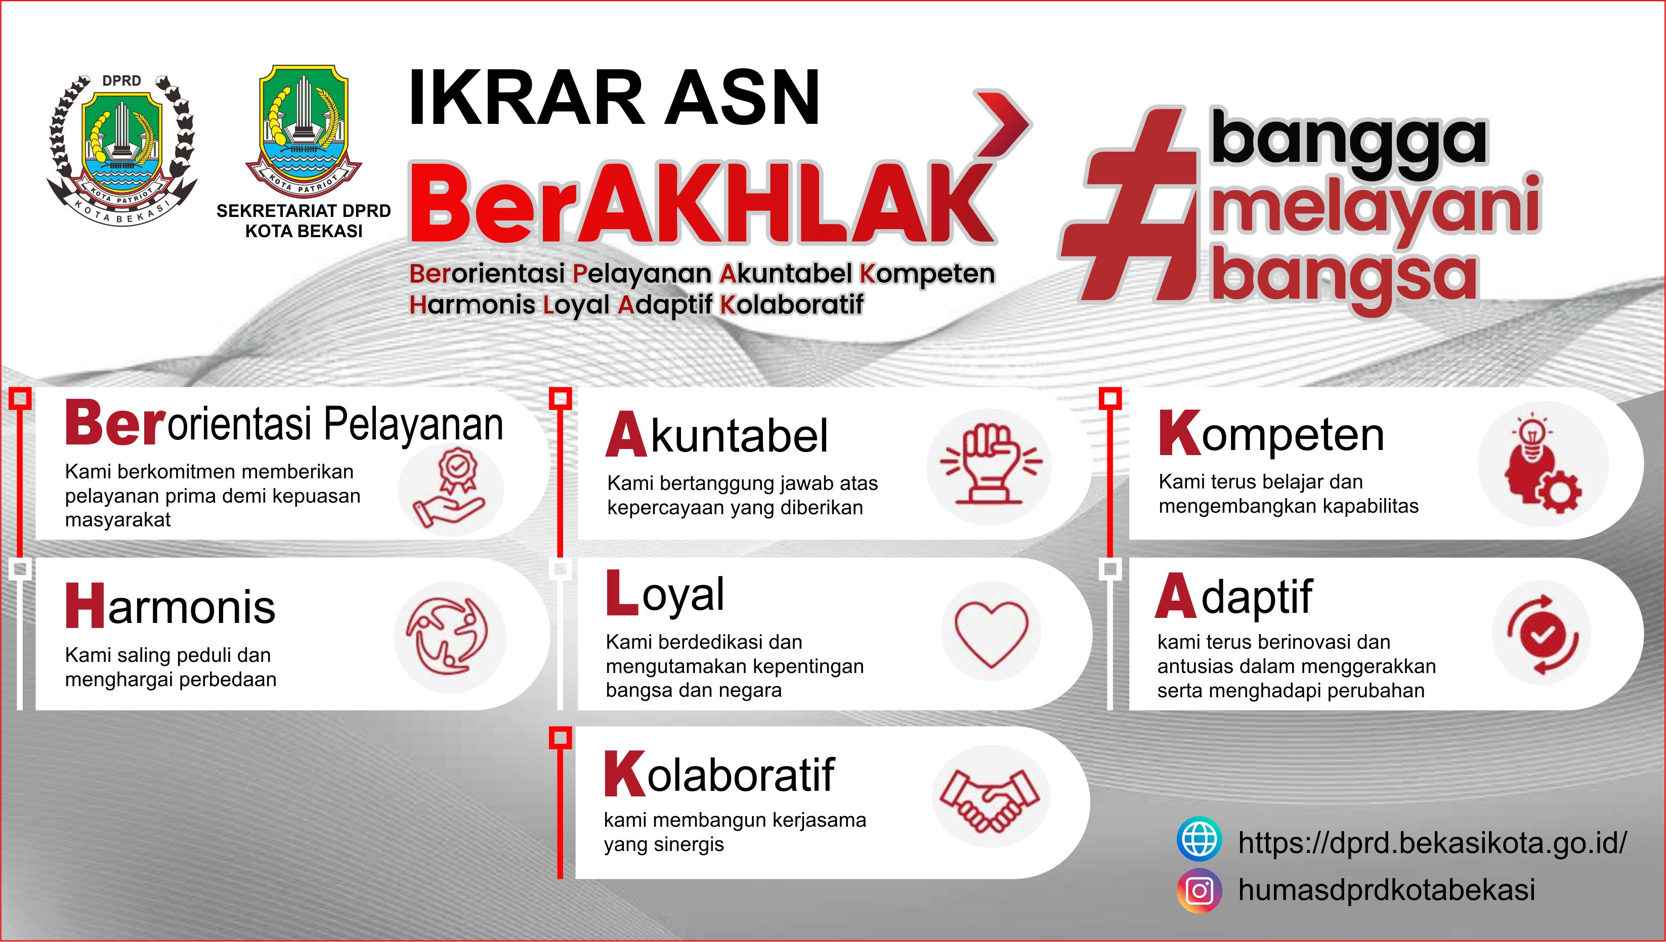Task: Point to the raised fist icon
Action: (x=990, y=464)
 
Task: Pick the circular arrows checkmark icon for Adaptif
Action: (x=1543, y=634)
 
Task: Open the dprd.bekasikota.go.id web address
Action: (x=1432, y=843)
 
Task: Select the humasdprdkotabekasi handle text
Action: (x=1386, y=889)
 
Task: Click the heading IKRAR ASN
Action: (x=614, y=98)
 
